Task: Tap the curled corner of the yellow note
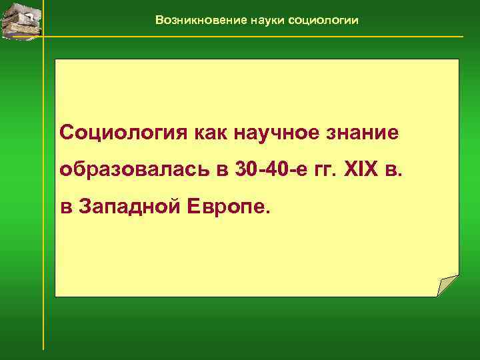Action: point(449,286)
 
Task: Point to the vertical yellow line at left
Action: point(43,200)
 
